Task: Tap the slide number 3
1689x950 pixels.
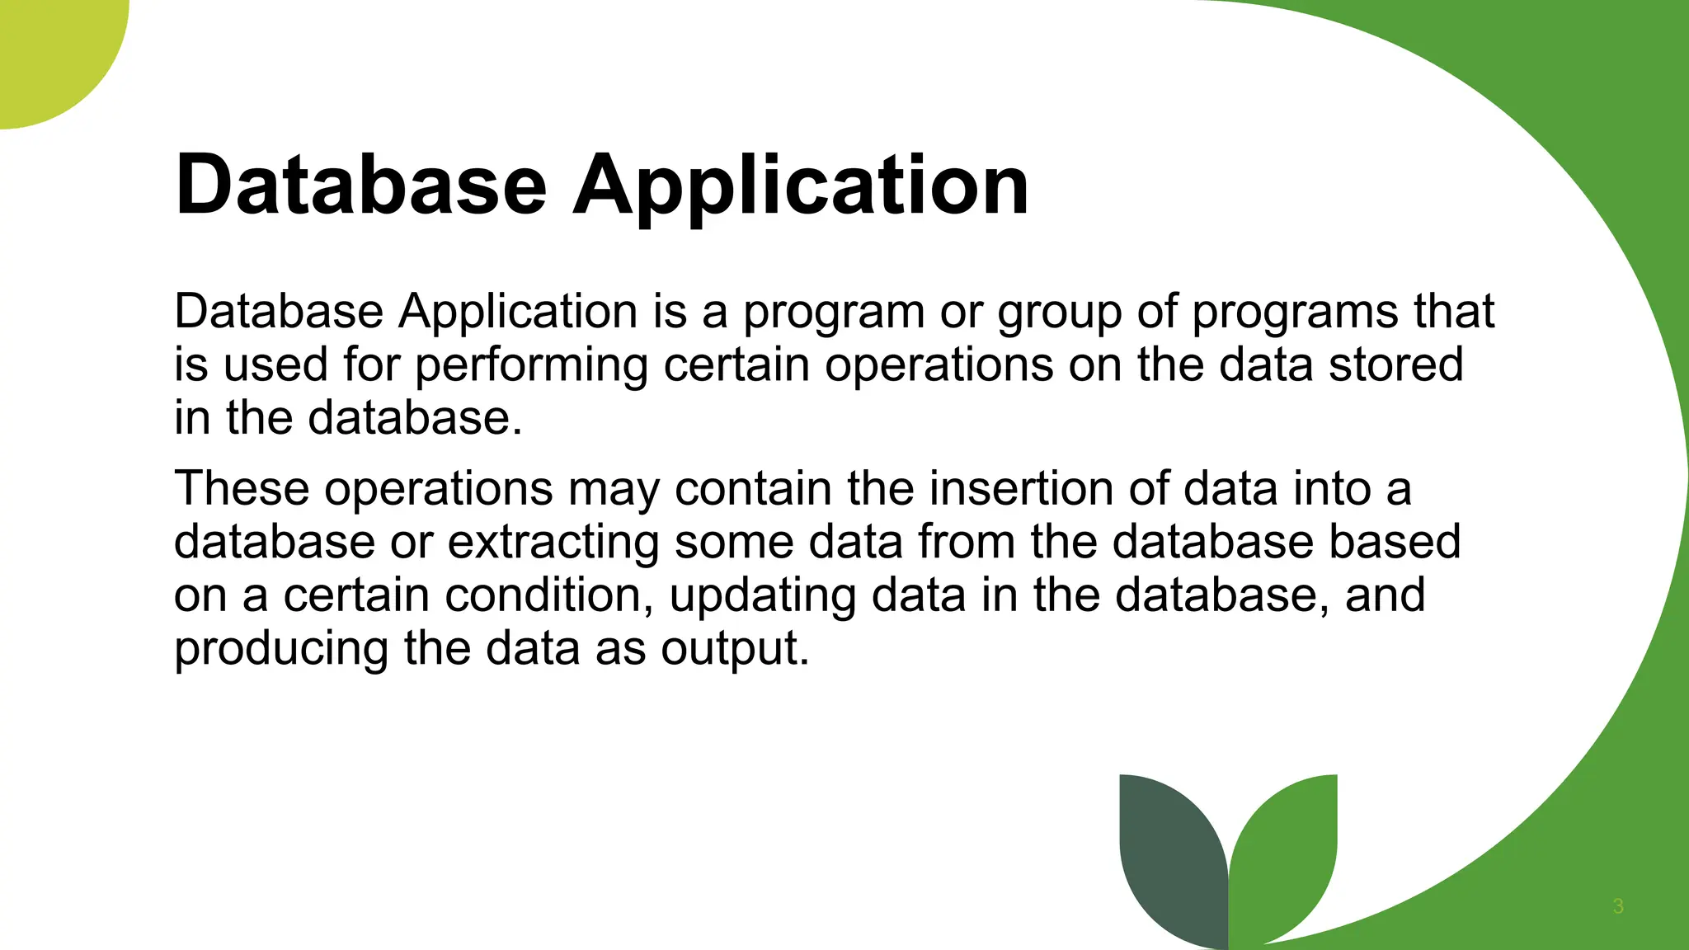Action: coord(1617,906)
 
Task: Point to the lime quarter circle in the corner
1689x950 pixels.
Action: coord(49,49)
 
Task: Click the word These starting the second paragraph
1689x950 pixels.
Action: coord(241,488)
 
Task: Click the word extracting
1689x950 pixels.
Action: coord(553,542)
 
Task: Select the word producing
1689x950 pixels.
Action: coord(280,649)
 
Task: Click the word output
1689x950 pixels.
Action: coord(734,649)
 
